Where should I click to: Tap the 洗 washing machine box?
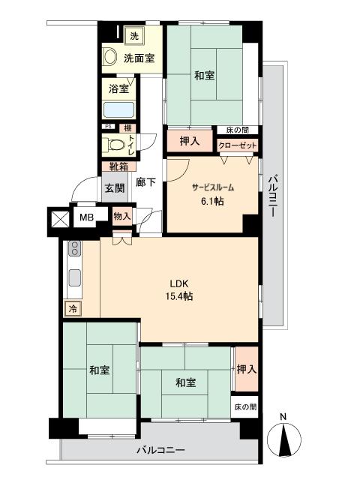pyautogui.click(x=134, y=35)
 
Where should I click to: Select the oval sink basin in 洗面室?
pyautogui.click(x=110, y=57)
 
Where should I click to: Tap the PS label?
pyautogui.click(x=108, y=127)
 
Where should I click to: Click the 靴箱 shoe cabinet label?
pyautogui.click(x=118, y=167)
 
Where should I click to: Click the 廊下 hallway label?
pyautogui.click(x=145, y=181)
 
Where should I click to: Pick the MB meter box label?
pyautogui.click(x=88, y=217)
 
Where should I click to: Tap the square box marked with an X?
pyautogui.click(x=58, y=218)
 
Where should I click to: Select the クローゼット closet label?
pyautogui.click(x=238, y=145)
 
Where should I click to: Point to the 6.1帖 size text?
pyautogui.click(x=213, y=202)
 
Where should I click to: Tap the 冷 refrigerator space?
pyautogui.click(x=73, y=307)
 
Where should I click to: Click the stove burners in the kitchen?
pyautogui.click(x=74, y=250)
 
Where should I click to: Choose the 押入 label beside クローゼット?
pyautogui.click(x=190, y=141)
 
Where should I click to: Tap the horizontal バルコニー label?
pyautogui.click(x=160, y=451)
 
